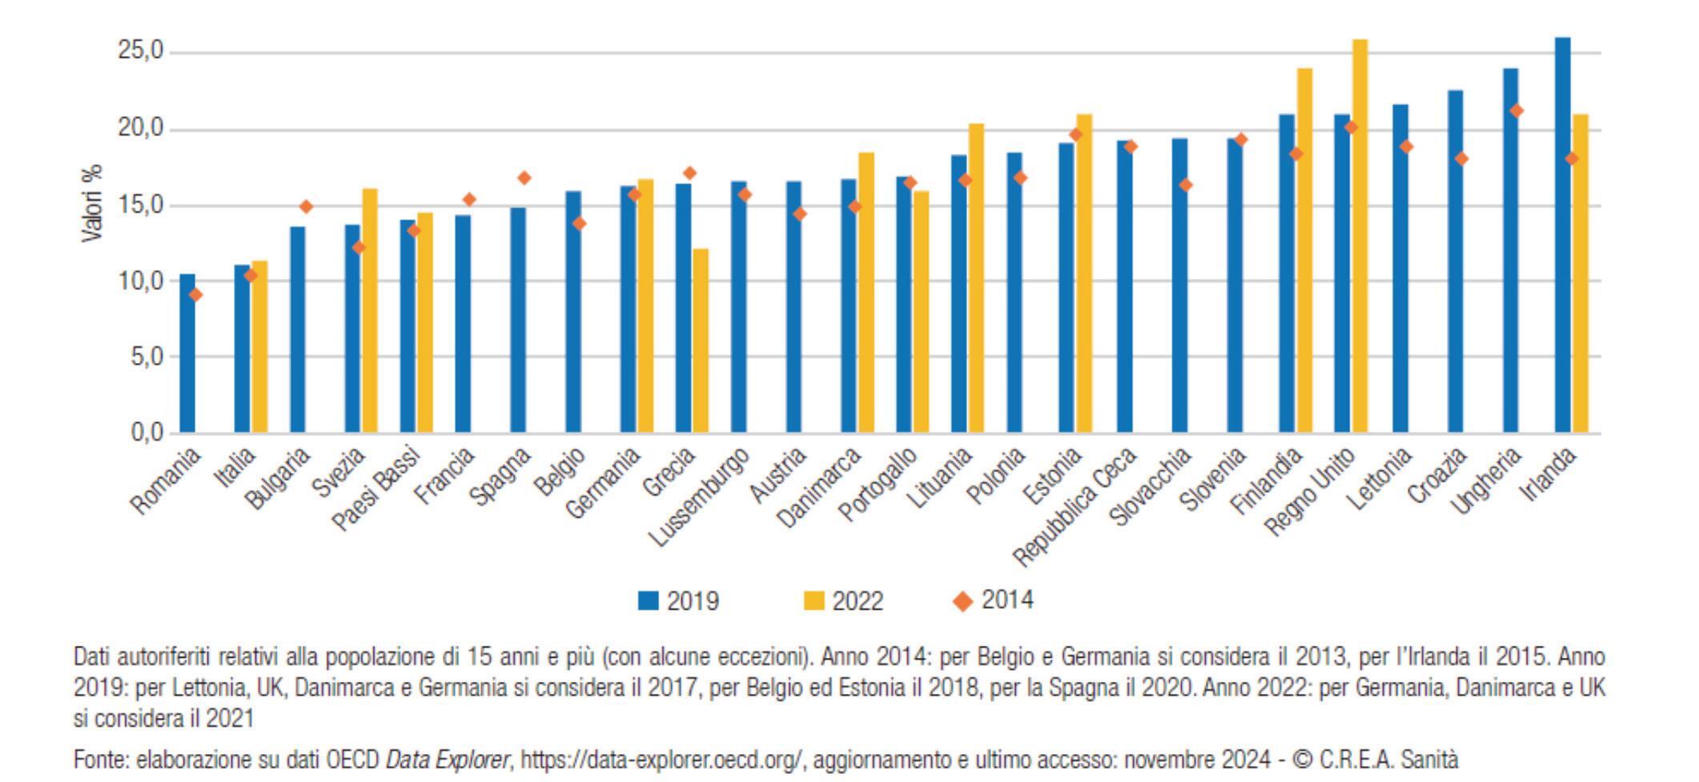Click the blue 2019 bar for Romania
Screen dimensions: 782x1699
[x=187, y=354]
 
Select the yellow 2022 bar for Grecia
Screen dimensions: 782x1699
[x=701, y=341]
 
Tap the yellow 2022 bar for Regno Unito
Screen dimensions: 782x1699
[x=1360, y=236]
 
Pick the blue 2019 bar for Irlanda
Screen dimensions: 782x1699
[x=1562, y=236]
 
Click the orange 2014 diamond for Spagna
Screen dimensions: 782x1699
[x=524, y=178]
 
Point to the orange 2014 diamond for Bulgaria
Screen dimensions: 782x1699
[x=306, y=207]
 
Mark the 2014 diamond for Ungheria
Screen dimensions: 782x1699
[x=1516, y=111]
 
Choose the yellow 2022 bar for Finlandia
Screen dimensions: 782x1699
[x=1304, y=251]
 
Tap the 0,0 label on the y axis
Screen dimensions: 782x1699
[x=147, y=433]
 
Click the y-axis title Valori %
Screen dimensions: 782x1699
[x=92, y=204]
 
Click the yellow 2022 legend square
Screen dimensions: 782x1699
[x=813, y=601]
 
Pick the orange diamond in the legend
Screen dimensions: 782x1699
[x=963, y=601]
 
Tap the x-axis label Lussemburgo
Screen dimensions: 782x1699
[x=699, y=498]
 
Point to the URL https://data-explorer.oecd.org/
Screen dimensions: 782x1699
[x=661, y=759]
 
